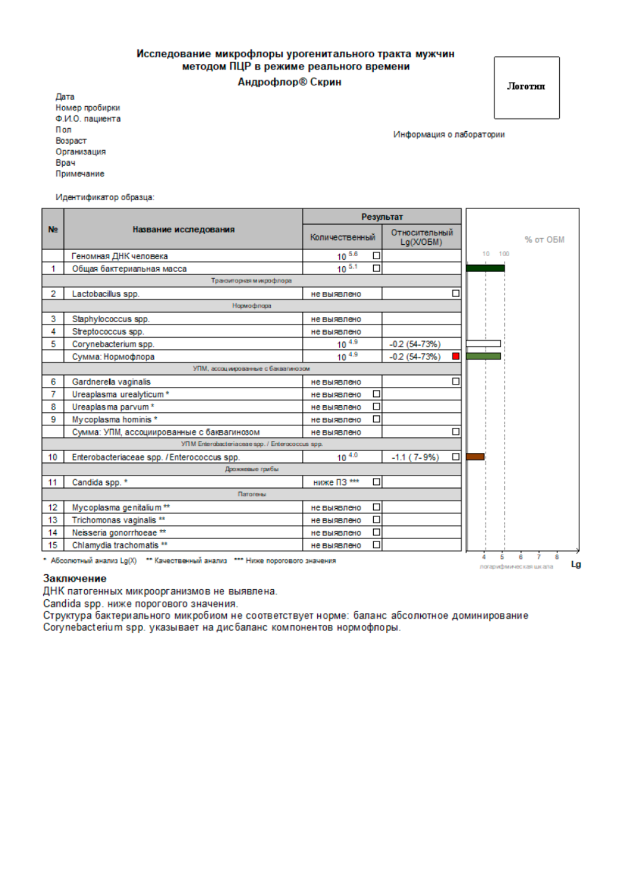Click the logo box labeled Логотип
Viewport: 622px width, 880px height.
(526, 87)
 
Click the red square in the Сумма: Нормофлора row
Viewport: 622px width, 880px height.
(456, 356)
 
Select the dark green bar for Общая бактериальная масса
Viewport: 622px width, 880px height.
(485, 268)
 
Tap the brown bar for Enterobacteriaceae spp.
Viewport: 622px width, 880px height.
(475, 456)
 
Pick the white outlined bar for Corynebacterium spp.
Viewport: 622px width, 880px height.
(483, 344)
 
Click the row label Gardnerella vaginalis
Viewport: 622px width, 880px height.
(111, 382)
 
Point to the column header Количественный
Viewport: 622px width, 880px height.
(342, 237)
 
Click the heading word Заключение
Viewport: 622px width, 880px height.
(75, 578)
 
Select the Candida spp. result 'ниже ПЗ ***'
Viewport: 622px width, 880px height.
(336, 482)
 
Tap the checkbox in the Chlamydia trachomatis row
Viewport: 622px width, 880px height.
(376, 545)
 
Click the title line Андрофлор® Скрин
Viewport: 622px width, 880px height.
(290, 82)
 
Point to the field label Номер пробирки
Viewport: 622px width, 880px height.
(88, 108)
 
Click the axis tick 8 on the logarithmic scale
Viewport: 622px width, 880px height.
(557, 557)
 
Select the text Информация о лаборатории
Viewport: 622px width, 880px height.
(449, 134)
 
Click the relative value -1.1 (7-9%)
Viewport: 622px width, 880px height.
(416, 457)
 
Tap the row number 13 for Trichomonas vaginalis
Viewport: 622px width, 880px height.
(53, 520)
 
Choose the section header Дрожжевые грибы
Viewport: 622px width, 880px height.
(251, 469)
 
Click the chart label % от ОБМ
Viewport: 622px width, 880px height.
(544, 239)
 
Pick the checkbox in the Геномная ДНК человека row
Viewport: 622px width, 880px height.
(376, 256)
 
